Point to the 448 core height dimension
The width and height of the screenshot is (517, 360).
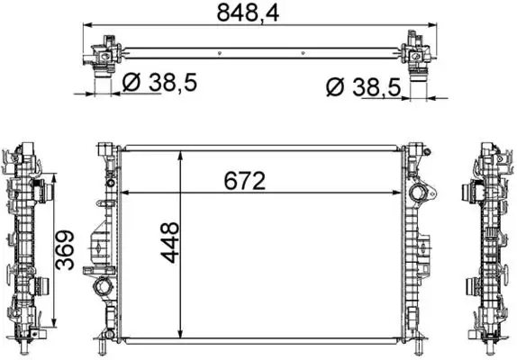tap(172, 241)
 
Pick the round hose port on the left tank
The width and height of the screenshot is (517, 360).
tap(101, 290)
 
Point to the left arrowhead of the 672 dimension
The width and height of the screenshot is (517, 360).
tap(125, 192)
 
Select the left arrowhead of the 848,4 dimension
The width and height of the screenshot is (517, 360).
tap(87, 26)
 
